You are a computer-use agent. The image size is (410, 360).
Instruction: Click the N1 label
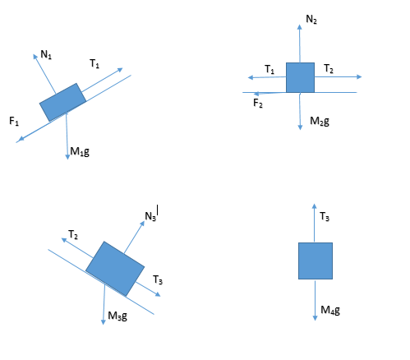click(x=46, y=54)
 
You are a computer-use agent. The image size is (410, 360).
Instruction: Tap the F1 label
click(x=14, y=121)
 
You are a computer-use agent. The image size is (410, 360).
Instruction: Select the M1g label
click(x=80, y=151)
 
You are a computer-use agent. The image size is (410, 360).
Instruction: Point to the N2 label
click(x=311, y=19)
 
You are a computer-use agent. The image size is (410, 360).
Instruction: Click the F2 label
click(x=258, y=103)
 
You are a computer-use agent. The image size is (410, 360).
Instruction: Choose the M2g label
click(x=320, y=121)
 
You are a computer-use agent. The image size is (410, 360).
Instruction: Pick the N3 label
click(x=150, y=216)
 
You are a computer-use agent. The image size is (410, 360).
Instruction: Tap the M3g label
click(x=117, y=316)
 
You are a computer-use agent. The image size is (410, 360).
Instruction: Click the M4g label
click(x=330, y=310)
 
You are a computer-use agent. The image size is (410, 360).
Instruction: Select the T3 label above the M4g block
click(x=325, y=216)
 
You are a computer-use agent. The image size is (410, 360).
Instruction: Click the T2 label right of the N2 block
click(x=329, y=68)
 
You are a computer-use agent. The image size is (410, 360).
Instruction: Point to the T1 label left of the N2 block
click(x=269, y=69)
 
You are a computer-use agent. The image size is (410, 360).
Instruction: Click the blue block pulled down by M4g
click(x=316, y=261)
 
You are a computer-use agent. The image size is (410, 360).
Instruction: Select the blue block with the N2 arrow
click(x=300, y=77)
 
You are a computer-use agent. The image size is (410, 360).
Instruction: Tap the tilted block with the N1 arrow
click(x=63, y=102)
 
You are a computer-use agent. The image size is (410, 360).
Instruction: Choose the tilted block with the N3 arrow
click(x=115, y=269)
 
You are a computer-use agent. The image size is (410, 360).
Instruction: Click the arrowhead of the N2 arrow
click(x=300, y=26)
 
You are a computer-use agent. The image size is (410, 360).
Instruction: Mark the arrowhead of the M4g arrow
click(x=315, y=318)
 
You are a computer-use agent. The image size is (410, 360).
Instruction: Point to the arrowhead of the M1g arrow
click(x=67, y=157)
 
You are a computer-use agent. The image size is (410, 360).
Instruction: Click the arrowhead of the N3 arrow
click(x=143, y=223)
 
